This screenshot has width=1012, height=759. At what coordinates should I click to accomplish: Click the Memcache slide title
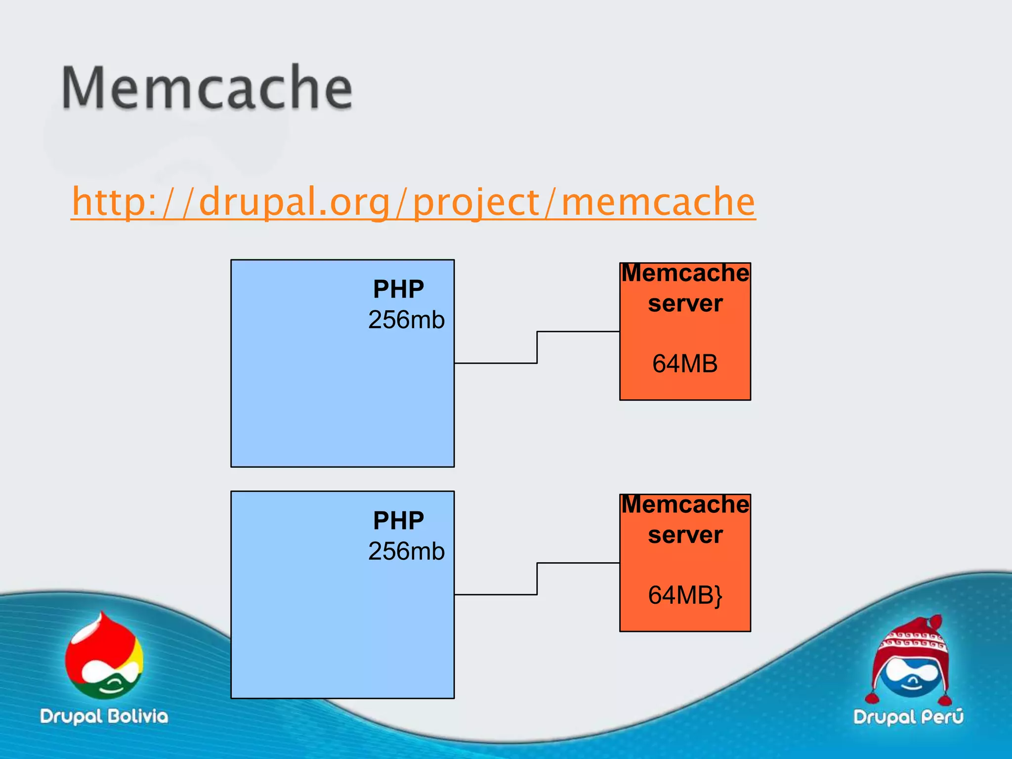207,88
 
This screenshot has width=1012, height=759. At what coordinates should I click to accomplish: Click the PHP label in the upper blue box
398,289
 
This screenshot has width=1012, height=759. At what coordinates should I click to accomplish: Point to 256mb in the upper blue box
406,320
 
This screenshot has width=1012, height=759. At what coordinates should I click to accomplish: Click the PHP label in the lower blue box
398,520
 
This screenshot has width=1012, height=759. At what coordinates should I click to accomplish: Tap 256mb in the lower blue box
406,551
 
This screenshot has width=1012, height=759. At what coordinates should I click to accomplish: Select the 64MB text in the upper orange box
685,364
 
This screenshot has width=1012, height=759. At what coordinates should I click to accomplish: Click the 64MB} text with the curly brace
685,595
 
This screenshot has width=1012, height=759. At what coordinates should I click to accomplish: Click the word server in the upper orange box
685,303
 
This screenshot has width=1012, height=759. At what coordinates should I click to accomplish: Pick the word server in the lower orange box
685,535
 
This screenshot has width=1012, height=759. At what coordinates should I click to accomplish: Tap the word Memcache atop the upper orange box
685,273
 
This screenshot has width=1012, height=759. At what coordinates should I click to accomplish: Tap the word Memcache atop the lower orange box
685,505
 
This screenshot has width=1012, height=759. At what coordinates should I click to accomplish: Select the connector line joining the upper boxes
537,347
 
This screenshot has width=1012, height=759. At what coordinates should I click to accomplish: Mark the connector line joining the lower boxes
537,579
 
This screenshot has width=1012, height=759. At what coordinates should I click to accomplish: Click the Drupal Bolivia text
104,717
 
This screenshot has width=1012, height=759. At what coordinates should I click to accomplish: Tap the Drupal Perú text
908,717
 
